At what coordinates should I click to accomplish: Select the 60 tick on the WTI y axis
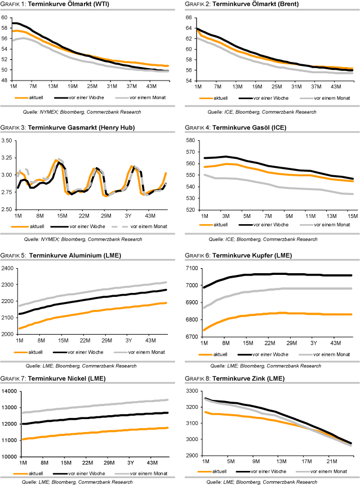[5, 17]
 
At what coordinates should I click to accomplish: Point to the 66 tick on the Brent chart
[189, 17]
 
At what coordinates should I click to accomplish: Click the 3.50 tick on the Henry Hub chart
[7, 140]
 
